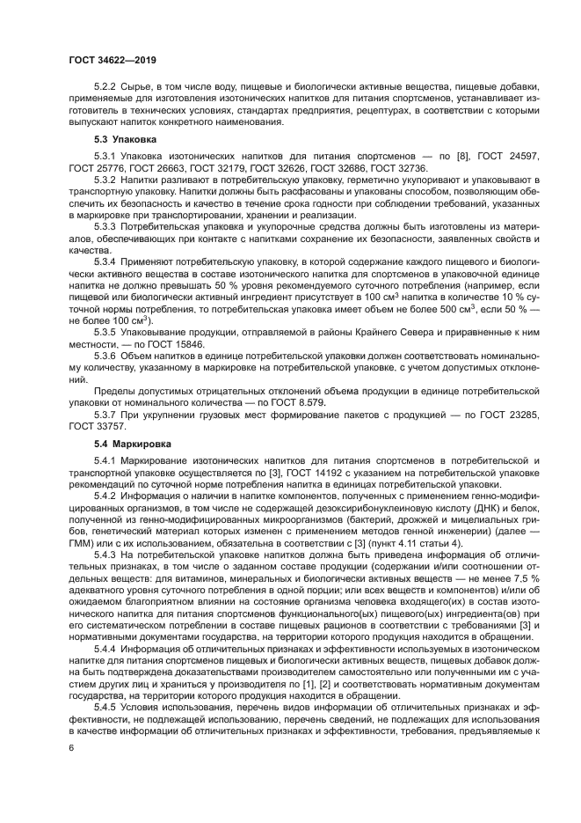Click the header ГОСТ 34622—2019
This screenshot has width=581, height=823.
tap(111, 62)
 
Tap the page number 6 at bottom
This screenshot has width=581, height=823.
tap(71, 747)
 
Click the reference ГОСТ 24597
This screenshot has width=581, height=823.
tap(509, 156)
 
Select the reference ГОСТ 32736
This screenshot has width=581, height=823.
tap(398, 167)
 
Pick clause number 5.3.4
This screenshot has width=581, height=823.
tap(105, 261)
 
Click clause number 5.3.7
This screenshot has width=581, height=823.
tap(105, 413)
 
